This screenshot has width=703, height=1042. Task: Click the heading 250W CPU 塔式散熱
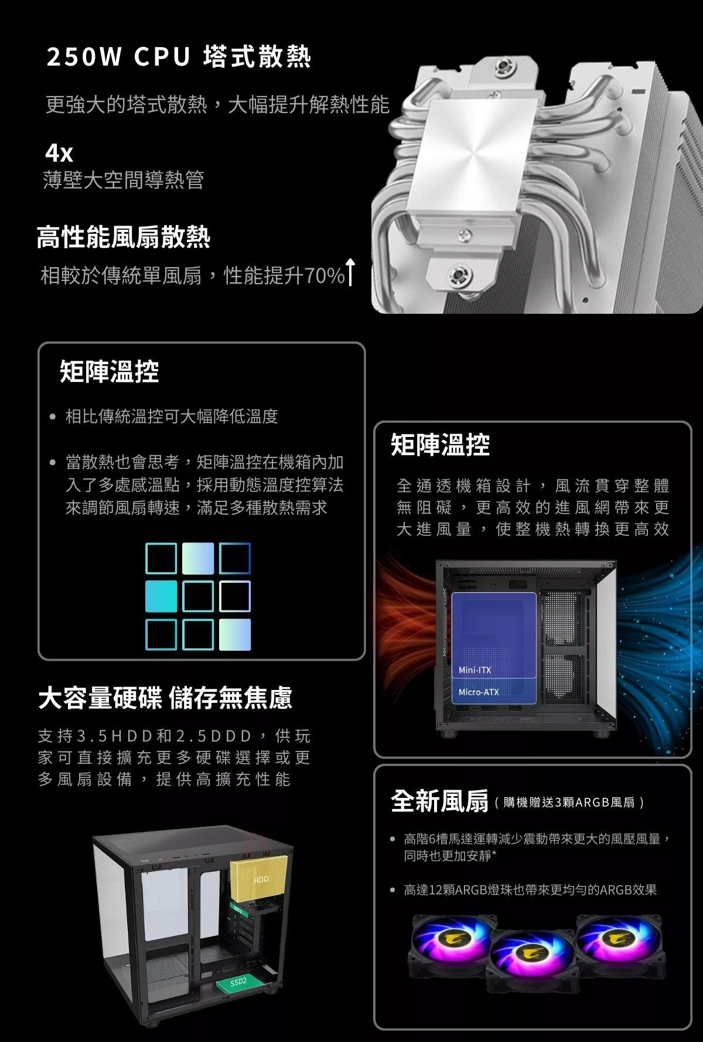179,57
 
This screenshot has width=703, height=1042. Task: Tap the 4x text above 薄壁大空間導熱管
59,153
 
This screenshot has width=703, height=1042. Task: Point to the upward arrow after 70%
350,272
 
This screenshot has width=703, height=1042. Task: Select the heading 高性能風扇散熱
123,237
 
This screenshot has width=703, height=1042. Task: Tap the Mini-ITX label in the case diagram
475,670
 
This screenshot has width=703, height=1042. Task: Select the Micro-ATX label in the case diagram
479,692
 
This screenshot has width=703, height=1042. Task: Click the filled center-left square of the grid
161,596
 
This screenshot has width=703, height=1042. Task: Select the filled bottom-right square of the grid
235,634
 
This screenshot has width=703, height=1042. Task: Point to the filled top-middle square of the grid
198,558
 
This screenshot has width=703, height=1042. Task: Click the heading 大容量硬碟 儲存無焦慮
165,698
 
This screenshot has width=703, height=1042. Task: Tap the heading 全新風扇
439,801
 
